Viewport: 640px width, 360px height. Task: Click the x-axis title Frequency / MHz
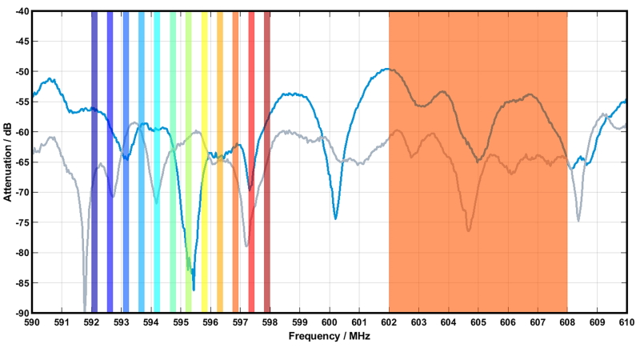point(329,337)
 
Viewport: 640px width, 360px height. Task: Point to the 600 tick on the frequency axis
point(330,322)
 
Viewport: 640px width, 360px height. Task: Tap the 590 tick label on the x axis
point(32,322)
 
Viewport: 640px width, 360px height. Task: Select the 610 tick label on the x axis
point(626,322)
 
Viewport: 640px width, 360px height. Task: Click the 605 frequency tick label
point(478,322)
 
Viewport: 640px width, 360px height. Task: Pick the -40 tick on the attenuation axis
point(20,11)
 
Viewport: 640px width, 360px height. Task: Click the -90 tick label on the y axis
point(20,312)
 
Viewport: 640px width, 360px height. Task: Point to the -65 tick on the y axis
point(20,162)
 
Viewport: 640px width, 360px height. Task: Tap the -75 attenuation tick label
point(20,222)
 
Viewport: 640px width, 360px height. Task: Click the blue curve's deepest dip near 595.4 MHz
point(194,289)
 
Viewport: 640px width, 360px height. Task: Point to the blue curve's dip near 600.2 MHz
point(335,218)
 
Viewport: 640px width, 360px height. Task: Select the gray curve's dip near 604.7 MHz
point(469,230)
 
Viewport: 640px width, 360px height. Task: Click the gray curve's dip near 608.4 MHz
point(578,220)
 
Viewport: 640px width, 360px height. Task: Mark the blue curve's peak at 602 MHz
point(389,69)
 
